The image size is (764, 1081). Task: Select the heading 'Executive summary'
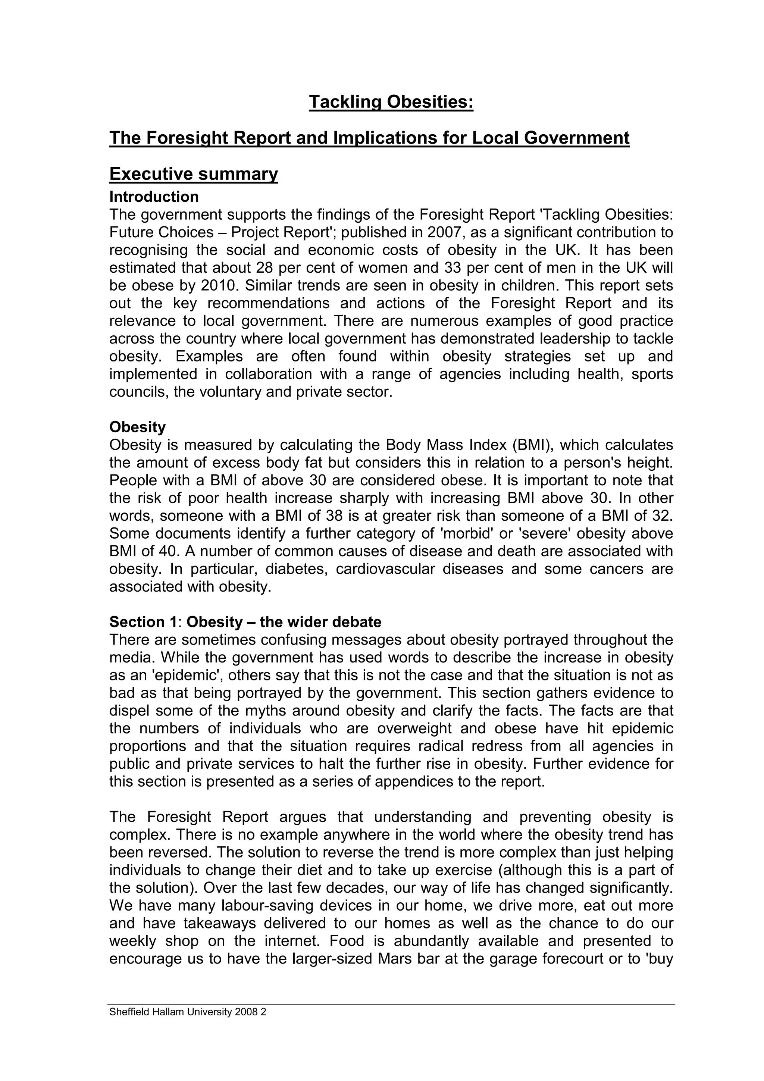click(194, 174)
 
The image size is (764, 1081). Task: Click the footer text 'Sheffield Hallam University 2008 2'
click(188, 1012)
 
